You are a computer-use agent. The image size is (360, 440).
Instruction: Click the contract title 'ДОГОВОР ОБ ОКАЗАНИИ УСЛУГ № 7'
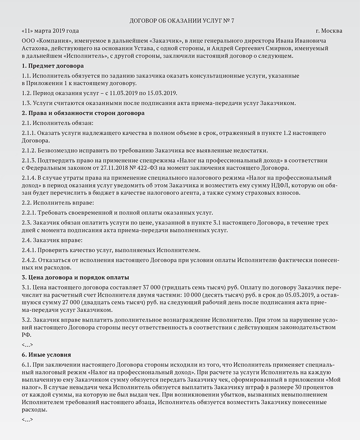click(x=179, y=20)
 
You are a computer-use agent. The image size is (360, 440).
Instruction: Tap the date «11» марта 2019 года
click(x=50, y=31)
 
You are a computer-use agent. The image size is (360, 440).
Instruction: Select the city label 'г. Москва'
click(x=329, y=31)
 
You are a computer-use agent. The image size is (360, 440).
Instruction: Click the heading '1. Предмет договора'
click(x=52, y=66)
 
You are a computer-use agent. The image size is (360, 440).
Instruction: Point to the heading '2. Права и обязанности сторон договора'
click(x=83, y=113)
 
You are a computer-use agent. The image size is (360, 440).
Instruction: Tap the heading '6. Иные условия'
click(x=46, y=355)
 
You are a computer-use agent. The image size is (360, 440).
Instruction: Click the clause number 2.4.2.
click(x=29, y=260)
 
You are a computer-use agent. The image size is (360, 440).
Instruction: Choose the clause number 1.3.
click(x=26, y=102)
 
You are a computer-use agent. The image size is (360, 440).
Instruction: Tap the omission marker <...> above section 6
click(x=27, y=345)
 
